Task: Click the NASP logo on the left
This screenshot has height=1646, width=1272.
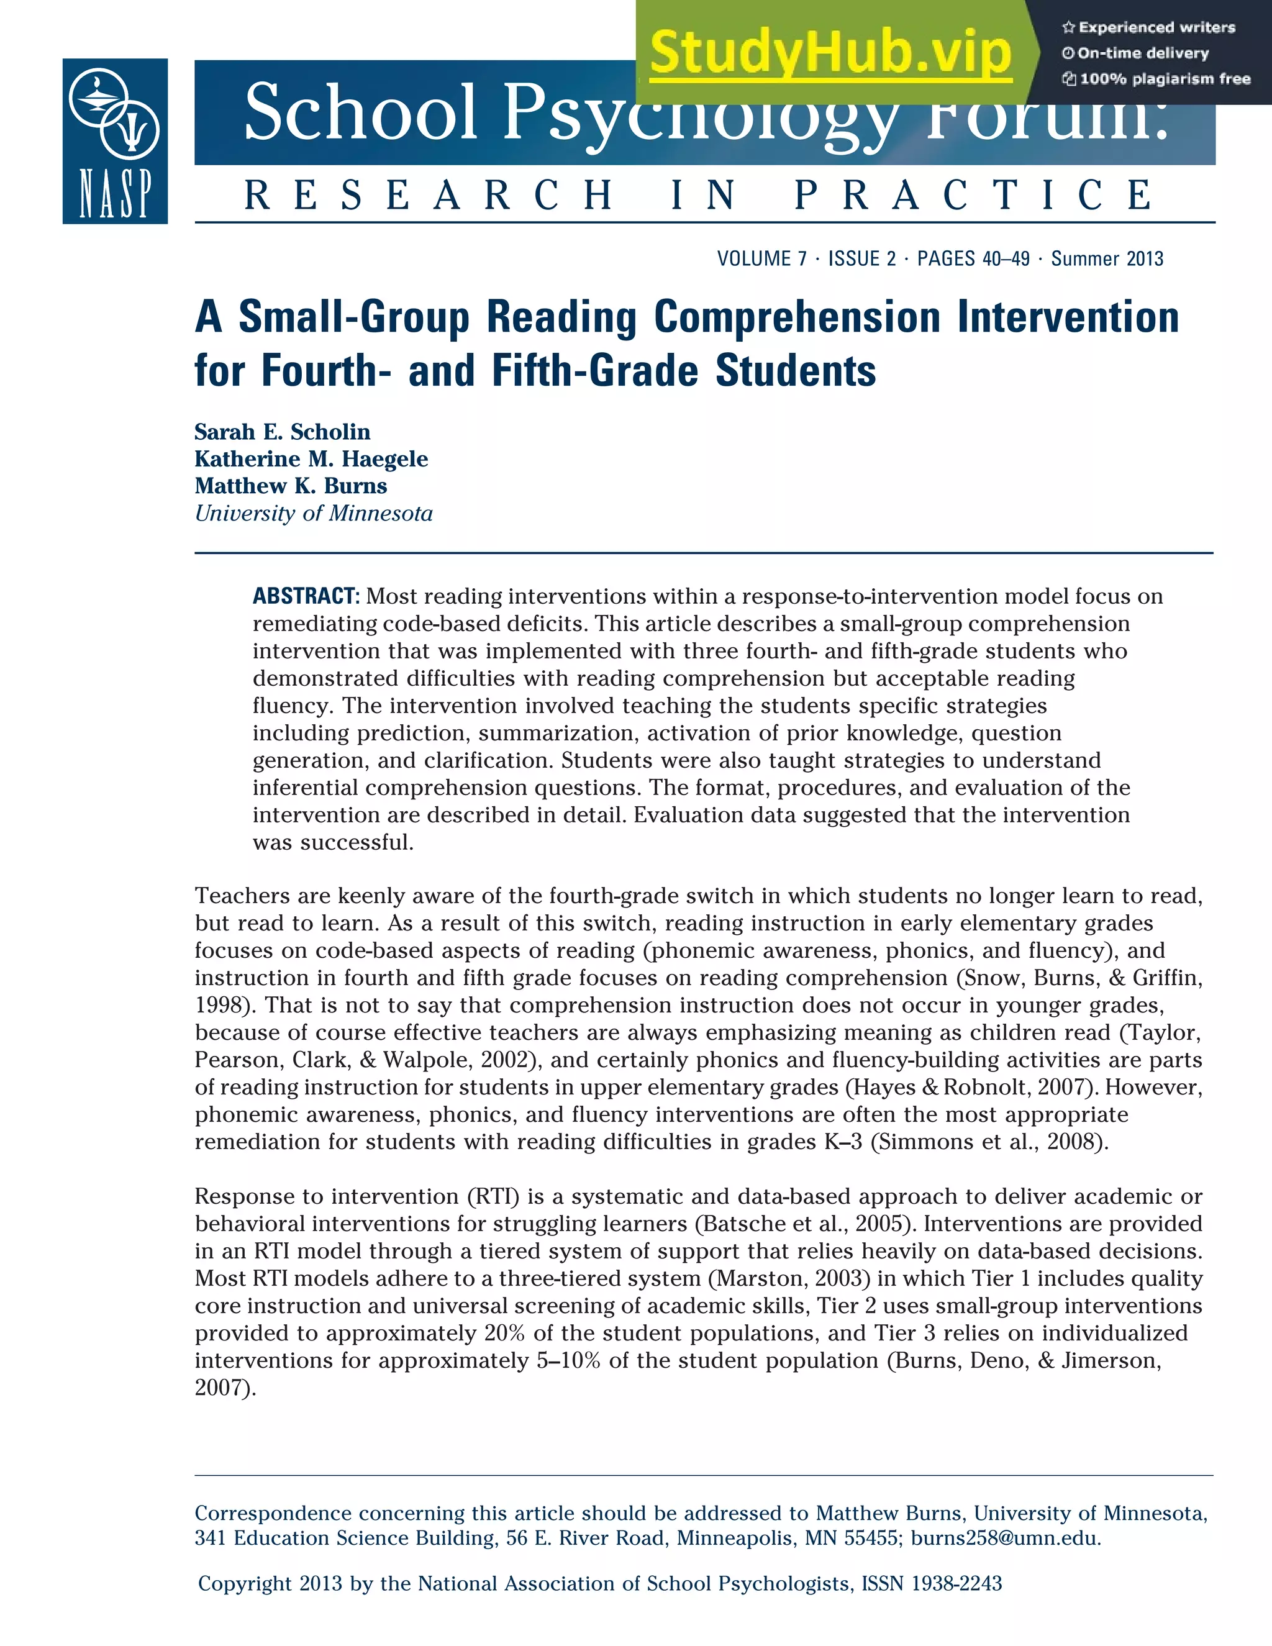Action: point(114,141)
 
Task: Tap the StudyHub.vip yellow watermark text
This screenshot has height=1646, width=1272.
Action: point(830,53)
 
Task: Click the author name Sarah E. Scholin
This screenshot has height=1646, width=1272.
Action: point(283,432)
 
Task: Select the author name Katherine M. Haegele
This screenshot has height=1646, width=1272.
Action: point(311,459)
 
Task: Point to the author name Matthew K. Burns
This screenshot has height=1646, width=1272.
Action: point(291,486)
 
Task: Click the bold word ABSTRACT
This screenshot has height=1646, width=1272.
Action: point(306,596)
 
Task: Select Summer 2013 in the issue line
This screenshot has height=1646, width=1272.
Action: point(1107,259)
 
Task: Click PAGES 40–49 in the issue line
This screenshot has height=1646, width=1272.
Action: point(973,259)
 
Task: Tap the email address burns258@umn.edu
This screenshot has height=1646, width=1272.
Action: point(1006,1538)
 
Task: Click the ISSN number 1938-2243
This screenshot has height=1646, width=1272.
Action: point(956,1583)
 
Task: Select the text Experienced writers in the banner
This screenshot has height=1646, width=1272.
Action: point(1156,28)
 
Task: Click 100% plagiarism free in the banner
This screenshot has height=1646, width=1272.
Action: point(1165,79)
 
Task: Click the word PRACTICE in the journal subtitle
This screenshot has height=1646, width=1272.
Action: point(974,195)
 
